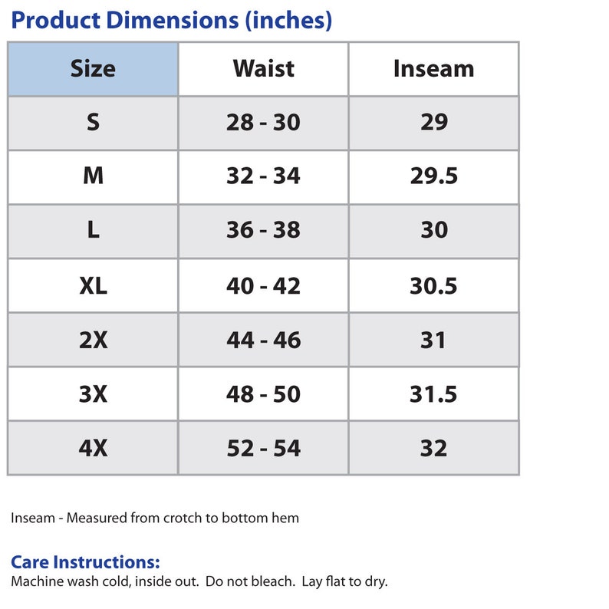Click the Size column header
93,69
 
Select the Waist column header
263,69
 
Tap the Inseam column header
434,69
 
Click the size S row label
93,122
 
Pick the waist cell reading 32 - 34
263,176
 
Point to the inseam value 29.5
434,176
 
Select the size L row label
93,229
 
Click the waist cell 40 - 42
263,286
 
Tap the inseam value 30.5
433,286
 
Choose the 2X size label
93,340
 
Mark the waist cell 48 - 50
263,393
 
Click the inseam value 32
433,448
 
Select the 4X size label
93,448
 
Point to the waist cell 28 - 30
263,122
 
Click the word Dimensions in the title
172,20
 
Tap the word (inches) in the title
288,21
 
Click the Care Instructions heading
85,562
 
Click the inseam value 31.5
433,393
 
